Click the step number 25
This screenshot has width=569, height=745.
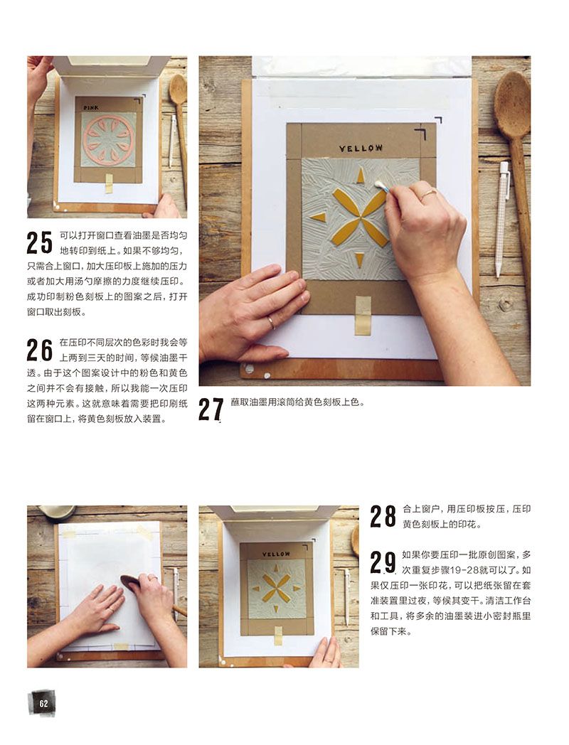click(x=39, y=242)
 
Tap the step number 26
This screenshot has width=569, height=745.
click(x=39, y=350)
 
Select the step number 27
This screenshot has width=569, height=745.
click(x=211, y=409)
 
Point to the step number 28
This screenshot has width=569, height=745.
click(x=383, y=517)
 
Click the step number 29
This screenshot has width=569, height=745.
click(x=383, y=562)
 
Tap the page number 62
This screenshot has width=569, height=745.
click(x=43, y=704)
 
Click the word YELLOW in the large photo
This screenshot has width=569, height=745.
click(x=361, y=149)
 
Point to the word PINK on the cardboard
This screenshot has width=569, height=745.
click(x=91, y=108)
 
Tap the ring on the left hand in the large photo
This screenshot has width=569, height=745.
click(x=271, y=323)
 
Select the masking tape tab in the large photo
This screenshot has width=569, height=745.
click(x=363, y=316)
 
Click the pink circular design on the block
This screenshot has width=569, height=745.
click(x=109, y=139)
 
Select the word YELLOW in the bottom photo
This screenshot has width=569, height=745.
click(x=276, y=554)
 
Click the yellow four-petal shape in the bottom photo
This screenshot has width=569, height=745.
click(x=276, y=588)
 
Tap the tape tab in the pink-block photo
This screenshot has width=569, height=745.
click(x=109, y=183)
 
